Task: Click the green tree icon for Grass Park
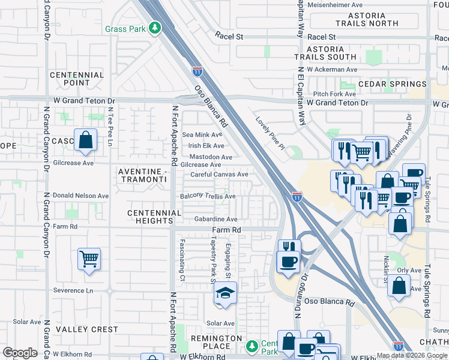[155, 28]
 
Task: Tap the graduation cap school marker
[225, 293]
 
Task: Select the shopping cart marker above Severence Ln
[89, 259]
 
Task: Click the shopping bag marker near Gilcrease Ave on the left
[86, 141]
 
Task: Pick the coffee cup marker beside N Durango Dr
[288, 262]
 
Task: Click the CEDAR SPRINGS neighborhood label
[393, 84]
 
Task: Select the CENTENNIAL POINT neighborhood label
[77, 79]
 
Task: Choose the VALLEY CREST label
[87, 329]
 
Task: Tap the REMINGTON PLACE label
[216, 343]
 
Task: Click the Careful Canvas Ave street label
[219, 175]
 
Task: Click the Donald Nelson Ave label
[81, 196]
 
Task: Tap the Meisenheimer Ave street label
[340, 5]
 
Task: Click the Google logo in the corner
[20, 353]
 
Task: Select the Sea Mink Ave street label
[202, 135]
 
